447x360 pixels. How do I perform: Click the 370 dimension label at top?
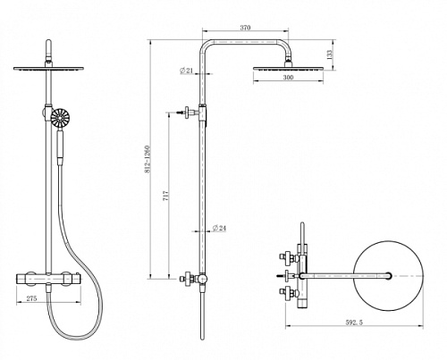(245, 28)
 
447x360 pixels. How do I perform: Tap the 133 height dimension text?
(329, 54)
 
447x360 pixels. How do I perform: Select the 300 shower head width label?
(288, 78)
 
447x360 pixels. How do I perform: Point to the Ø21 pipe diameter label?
(186, 71)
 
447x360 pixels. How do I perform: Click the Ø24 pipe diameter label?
(219, 228)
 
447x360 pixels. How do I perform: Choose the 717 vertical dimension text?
(166, 195)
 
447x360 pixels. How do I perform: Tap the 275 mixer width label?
(31, 298)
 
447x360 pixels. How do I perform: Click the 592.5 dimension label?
(354, 322)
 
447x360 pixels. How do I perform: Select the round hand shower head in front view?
(60, 118)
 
